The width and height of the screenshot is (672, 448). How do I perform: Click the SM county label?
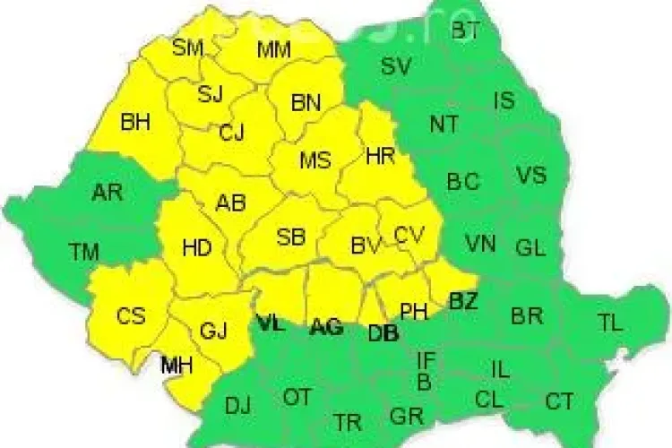(x=188, y=48)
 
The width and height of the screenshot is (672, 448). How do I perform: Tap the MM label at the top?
(x=273, y=50)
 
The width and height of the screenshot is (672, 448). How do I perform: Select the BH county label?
(x=135, y=122)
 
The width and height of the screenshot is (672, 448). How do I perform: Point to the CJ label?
(x=232, y=134)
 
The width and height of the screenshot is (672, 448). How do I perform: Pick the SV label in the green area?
(x=396, y=65)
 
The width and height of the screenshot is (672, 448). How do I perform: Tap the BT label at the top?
(x=465, y=31)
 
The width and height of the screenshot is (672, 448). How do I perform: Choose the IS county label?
(x=504, y=100)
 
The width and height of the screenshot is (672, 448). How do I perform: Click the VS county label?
(x=530, y=174)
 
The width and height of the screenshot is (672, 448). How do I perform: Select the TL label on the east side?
(x=610, y=323)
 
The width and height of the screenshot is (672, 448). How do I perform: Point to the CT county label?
(x=560, y=401)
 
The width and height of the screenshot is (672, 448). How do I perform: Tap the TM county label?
(x=84, y=253)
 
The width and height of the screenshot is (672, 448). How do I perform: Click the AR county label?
(x=108, y=193)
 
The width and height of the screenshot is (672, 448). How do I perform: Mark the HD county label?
(x=197, y=249)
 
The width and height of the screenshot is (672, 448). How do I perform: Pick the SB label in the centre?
(x=290, y=237)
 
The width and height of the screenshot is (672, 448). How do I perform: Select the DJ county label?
(x=238, y=406)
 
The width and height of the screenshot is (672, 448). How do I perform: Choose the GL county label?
(x=530, y=248)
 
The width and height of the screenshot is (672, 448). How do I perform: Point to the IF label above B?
(x=427, y=361)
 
